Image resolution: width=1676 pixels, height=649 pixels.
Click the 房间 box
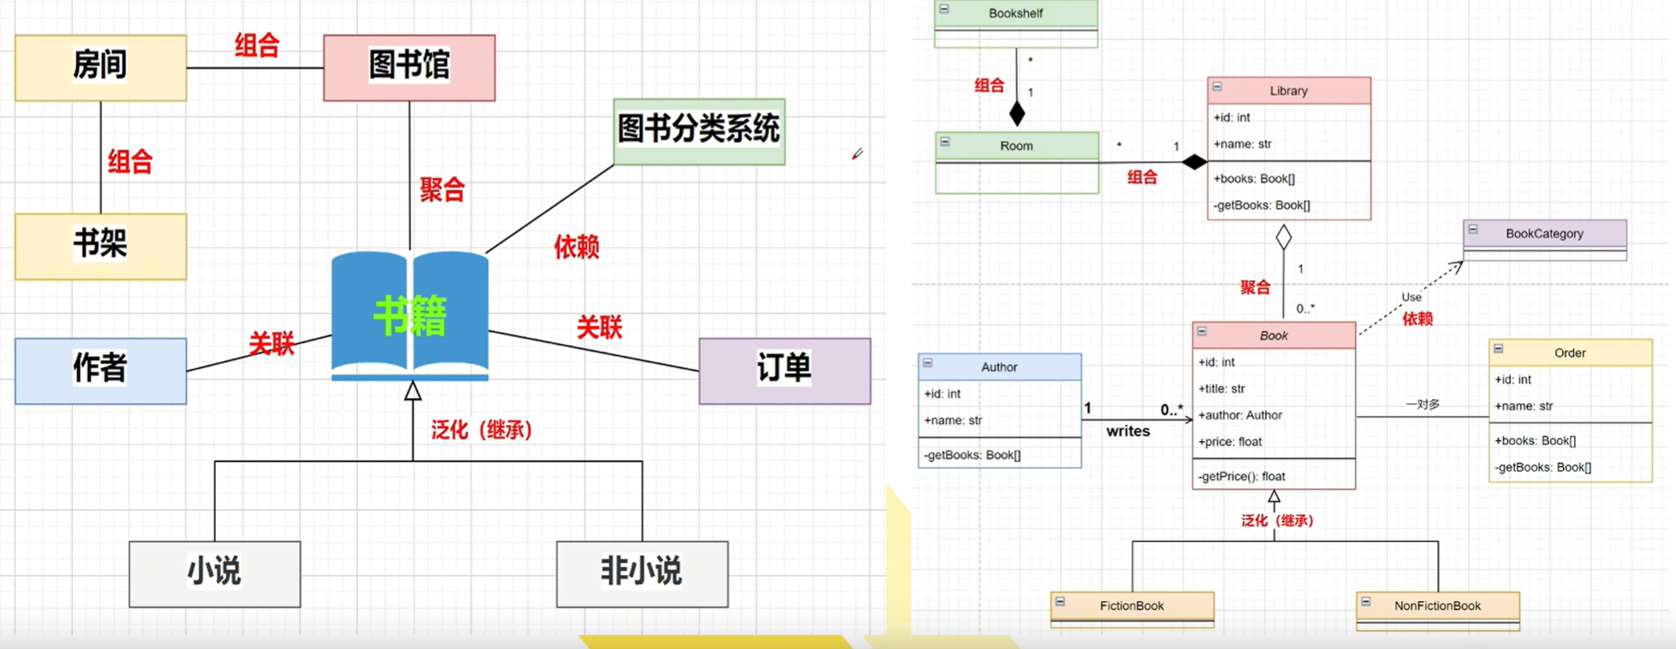click(x=100, y=67)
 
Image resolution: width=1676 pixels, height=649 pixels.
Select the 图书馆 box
click(x=409, y=67)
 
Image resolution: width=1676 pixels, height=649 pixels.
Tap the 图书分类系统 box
click(x=698, y=131)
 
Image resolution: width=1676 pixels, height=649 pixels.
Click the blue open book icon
click(x=409, y=316)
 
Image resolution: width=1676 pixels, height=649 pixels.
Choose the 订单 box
click(x=784, y=371)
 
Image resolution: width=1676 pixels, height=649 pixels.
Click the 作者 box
click(x=100, y=371)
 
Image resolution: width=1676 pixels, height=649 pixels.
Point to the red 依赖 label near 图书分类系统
click(x=576, y=247)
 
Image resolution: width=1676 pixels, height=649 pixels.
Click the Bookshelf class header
click(x=1016, y=14)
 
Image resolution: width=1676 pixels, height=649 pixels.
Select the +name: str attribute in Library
click(x=1242, y=144)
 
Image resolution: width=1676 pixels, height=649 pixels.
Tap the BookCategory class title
click(x=1544, y=234)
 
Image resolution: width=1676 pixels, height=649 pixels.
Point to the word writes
click(x=1128, y=431)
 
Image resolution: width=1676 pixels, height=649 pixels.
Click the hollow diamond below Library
click(x=1284, y=237)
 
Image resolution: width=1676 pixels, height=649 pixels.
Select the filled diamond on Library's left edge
click(x=1194, y=162)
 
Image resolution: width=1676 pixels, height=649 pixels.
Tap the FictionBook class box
click(x=1131, y=606)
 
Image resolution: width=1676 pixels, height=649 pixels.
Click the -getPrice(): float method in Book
click(x=1241, y=477)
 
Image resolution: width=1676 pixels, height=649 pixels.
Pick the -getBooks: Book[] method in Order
click(x=1542, y=467)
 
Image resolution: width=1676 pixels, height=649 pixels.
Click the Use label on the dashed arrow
click(x=1411, y=297)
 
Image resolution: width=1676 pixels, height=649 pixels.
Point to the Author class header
click(x=999, y=367)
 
